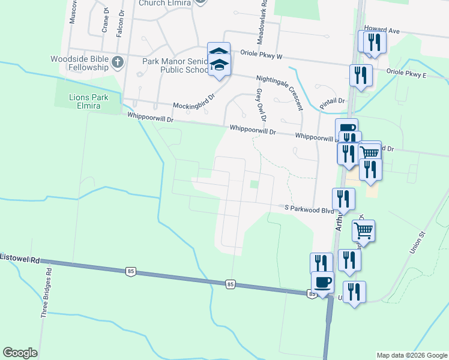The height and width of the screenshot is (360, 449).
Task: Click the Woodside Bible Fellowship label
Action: pos(79,63)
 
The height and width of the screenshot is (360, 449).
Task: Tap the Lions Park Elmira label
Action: pos(84,101)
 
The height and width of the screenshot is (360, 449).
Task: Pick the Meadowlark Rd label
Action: pos(262,22)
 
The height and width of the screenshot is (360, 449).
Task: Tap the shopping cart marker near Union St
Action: pos(363,230)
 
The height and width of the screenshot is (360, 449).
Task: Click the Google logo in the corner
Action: pos(20,353)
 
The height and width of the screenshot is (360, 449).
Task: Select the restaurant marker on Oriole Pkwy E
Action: pos(361,76)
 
